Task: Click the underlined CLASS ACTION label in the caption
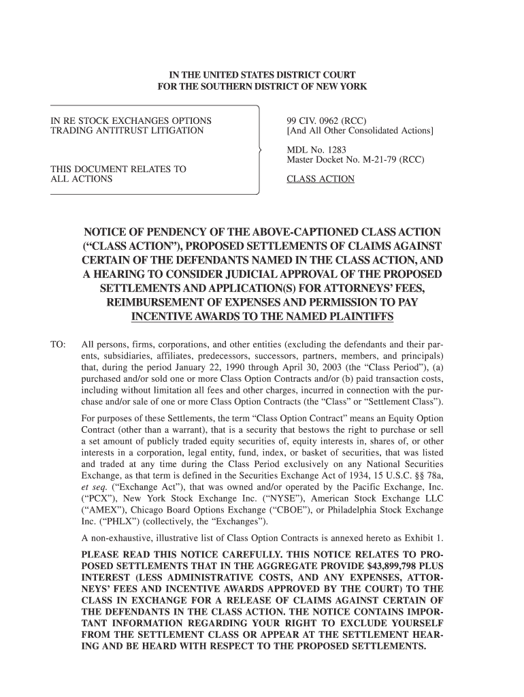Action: tap(321, 179)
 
